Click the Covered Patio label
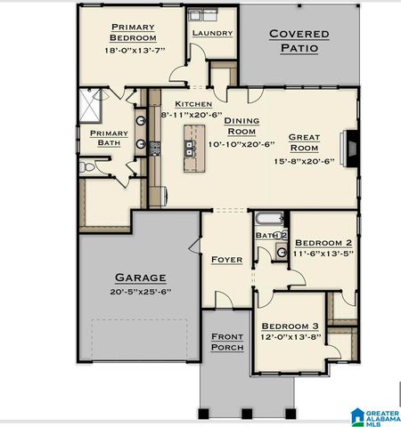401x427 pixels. (x=299, y=41)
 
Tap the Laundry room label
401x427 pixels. (x=212, y=34)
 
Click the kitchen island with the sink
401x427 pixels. (x=189, y=148)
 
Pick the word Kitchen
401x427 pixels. (x=192, y=104)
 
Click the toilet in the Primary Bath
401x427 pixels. (x=86, y=166)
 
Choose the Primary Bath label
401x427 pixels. (x=108, y=138)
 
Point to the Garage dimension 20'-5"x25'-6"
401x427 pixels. (x=139, y=291)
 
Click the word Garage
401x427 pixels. (x=139, y=277)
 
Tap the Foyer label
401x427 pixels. (x=226, y=260)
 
